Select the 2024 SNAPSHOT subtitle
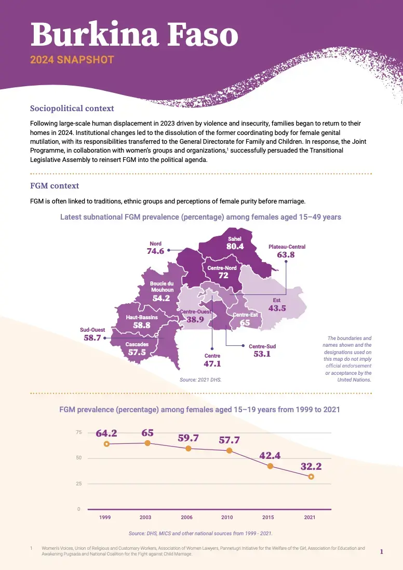click(72, 60)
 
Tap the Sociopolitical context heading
click(72, 108)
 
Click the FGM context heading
click(55, 185)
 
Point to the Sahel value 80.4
click(235, 247)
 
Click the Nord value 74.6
click(155, 251)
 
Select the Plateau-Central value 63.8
click(286, 255)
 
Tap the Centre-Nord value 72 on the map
click(223, 276)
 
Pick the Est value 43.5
click(277, 308)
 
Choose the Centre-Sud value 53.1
click(262, 354)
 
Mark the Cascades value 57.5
click(137, 352)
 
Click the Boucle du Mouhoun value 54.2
click(162, 298)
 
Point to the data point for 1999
click(106, 444)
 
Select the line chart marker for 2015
click(270, 466)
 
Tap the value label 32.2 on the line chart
click(311, 466)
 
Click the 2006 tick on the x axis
click(187, 518)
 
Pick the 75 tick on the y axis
click(79, 432)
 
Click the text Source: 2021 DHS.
click(200, 380)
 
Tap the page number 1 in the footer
click(382, 552)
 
